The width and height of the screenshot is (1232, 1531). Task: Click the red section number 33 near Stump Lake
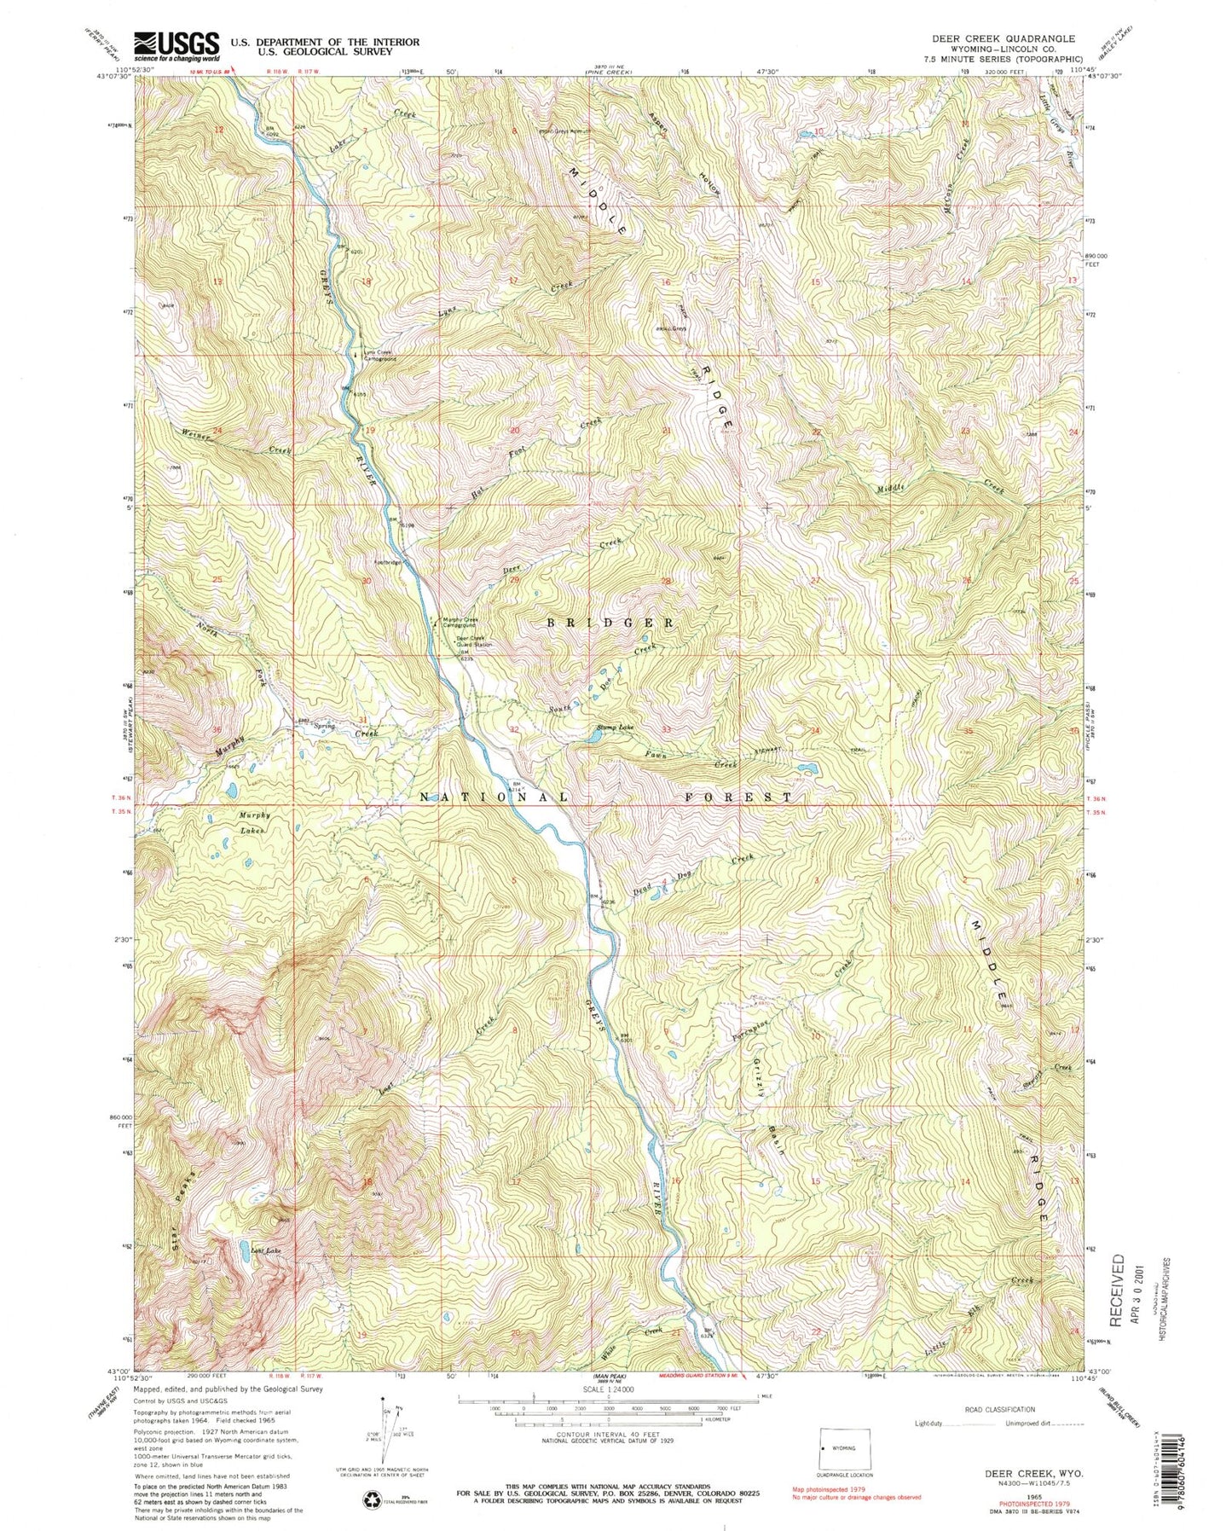pos(666,730)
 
